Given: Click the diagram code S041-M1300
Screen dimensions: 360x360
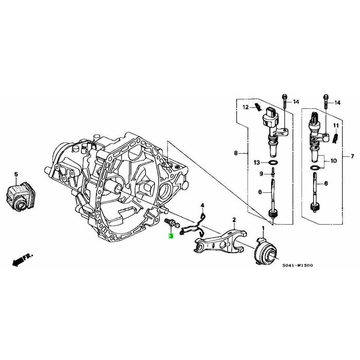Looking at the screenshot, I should click(297, 266).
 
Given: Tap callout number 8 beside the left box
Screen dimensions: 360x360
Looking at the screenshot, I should click(236, 153).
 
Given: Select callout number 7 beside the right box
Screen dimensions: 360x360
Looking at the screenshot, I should click(352, 156).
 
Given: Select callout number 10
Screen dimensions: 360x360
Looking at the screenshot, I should click(334, 161).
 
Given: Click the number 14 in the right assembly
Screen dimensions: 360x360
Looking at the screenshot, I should click(337, 103).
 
